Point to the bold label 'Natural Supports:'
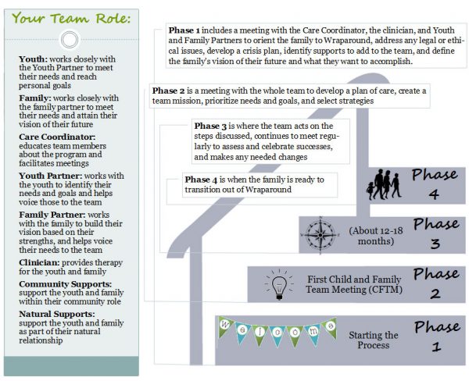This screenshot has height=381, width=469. (x=55, y=313)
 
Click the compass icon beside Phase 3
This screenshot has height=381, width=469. (x=322, y=233)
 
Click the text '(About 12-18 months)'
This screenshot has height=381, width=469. (x=371, y=233)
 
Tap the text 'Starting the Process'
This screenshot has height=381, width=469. (x=373, y=340)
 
